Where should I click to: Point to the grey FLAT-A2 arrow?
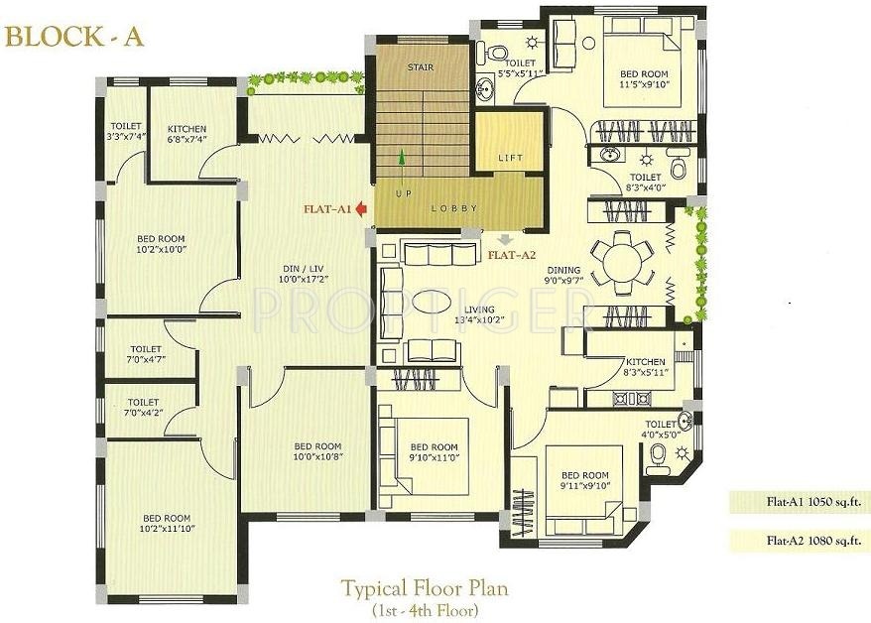[x=507, y=239]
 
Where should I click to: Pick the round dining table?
[x=622, y=263]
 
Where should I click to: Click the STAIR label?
[x=422, y=68]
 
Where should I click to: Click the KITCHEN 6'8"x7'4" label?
[x=187, y=134]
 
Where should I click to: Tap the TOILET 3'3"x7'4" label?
[x=126, y=132]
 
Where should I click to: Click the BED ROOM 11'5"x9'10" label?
[x=644, y=79]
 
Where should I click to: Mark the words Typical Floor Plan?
[x=425, y=587]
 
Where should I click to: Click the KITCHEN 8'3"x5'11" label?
[x=644, y=367]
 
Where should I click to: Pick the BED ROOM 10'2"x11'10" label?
[x=166, y=524]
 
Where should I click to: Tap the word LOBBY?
[x=454, y=208]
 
